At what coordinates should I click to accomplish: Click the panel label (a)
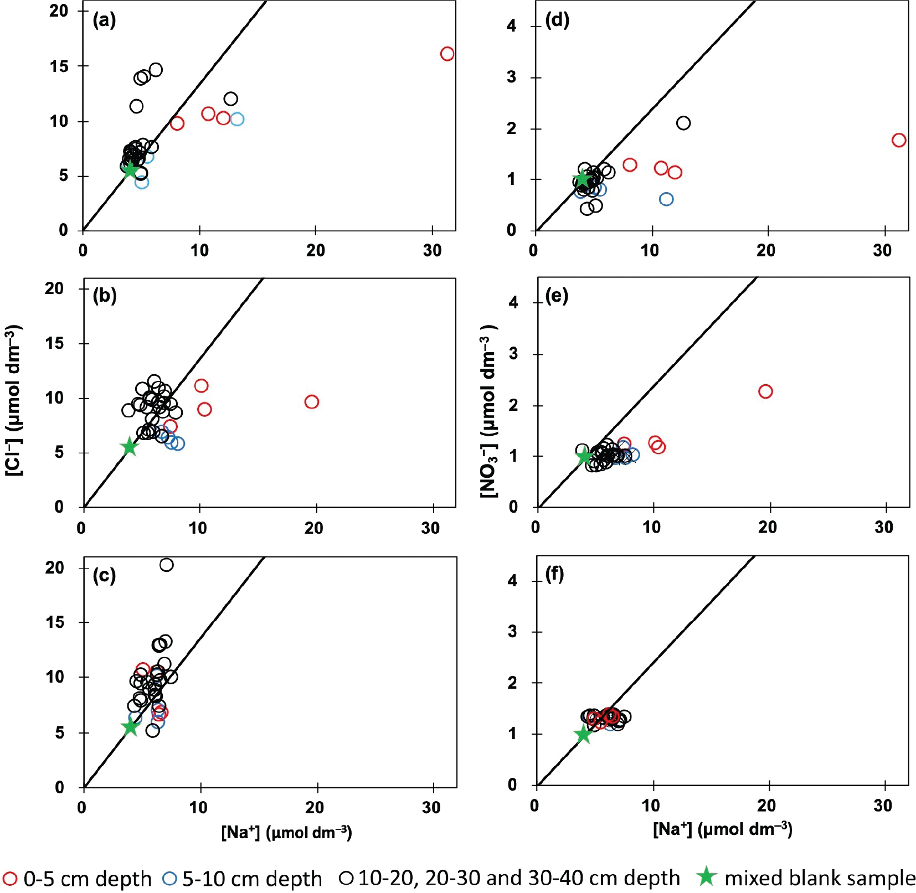click(104, 20)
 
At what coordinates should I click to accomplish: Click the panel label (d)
click(557, 20)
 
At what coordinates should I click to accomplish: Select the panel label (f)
click(555, 575)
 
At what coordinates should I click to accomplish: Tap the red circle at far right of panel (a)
click(447, 54)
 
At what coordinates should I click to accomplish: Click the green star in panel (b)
click(130, 447)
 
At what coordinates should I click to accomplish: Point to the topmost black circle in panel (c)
click(166, 565)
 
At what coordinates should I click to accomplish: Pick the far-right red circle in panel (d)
click(899, 140)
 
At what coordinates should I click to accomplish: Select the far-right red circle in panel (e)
click(765, 391)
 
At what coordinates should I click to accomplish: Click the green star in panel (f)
click(583, 735)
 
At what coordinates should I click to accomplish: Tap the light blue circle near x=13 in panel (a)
click(237, 119)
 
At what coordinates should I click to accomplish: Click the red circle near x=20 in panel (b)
click(312, 402)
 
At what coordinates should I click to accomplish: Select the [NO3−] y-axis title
click(488, 411)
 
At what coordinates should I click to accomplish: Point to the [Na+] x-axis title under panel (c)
click(286, 832)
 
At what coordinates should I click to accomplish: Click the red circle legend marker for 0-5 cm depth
click(10, 878)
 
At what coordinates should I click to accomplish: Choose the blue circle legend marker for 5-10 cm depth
click(169, 878)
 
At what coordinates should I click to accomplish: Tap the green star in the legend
click(706, 877)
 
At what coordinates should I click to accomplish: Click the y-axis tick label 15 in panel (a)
click(60, 66)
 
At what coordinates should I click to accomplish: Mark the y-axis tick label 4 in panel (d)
click(511, 26)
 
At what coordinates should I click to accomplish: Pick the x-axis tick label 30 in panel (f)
click(883, 806)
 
